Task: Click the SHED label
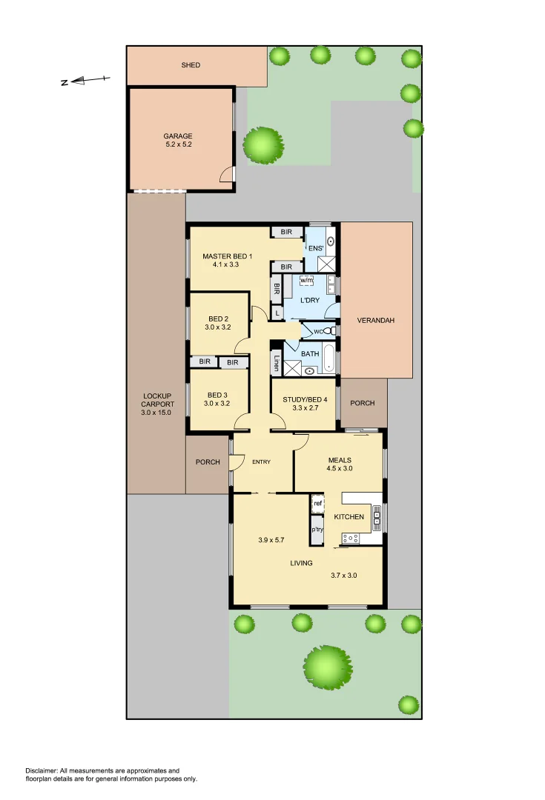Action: (x=191, y=65)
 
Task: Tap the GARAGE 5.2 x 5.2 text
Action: (x=178, y=140)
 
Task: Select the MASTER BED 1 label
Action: (x=228, y=260)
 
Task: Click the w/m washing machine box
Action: (x=306, y=280)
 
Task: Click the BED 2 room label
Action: (x=218, y=322)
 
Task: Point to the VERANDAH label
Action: (x=375, y=321)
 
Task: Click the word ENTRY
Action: (x=261, y=462)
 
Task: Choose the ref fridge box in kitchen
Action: (x=317, y=504)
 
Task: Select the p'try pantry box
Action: (x=317, y=530)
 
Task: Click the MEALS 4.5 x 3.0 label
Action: (x=340, y=464)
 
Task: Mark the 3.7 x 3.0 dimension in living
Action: (x=343, y=576)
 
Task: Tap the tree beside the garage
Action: (x=263, y=144)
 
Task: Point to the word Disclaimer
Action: (x=42, y=771)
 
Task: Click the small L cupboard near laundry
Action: (x=277, y=314)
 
